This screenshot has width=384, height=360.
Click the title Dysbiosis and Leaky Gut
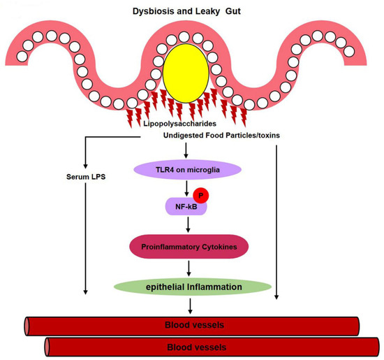(x=191, y=12)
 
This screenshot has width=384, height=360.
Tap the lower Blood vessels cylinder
(x=210, y=345)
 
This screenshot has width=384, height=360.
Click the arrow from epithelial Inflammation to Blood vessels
(x=191, y=305)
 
